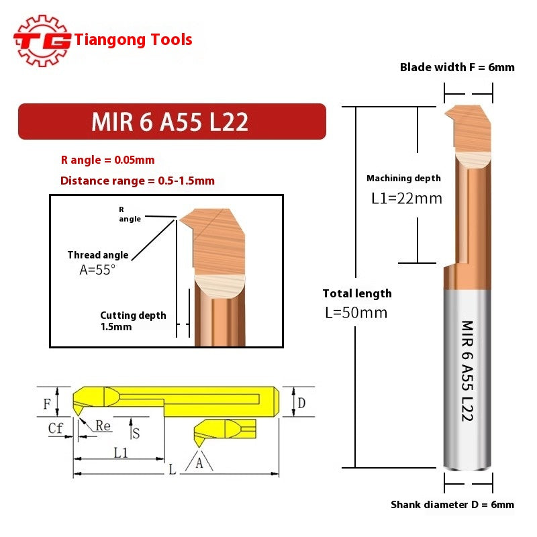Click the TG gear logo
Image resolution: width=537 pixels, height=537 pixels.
[42, 40]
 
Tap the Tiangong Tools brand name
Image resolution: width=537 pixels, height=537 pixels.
[134, 40]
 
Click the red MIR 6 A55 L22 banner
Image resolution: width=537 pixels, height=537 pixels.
[171, 121]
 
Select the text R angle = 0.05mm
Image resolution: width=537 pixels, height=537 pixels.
[107, 160]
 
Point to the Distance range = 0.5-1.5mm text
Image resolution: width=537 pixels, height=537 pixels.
[138, 181]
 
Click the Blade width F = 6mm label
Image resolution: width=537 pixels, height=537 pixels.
[457, 67]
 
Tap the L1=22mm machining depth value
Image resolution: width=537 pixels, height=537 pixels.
[407, 199]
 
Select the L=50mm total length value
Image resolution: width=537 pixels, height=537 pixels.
[355, 313]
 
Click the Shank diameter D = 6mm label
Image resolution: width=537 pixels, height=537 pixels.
[452, 505]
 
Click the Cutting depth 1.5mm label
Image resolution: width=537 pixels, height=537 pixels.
[133, 321]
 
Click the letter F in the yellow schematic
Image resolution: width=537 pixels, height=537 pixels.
[47, 404]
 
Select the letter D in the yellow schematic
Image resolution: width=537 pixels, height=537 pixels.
[301, 403]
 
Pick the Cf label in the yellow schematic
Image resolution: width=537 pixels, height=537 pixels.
[56, 427]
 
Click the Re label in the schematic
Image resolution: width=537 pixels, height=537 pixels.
[103, 426]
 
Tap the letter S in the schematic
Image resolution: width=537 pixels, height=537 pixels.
[136, 433]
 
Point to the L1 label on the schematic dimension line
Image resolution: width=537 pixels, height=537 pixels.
[121, 452]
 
